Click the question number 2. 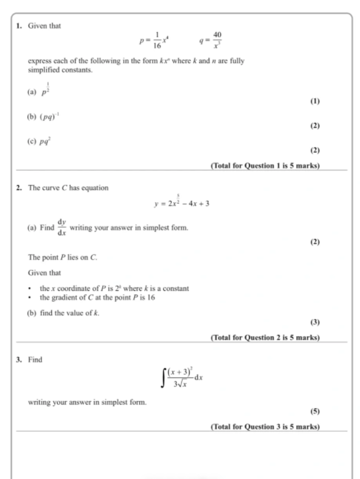pyautogui.click(x=19, y=187)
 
